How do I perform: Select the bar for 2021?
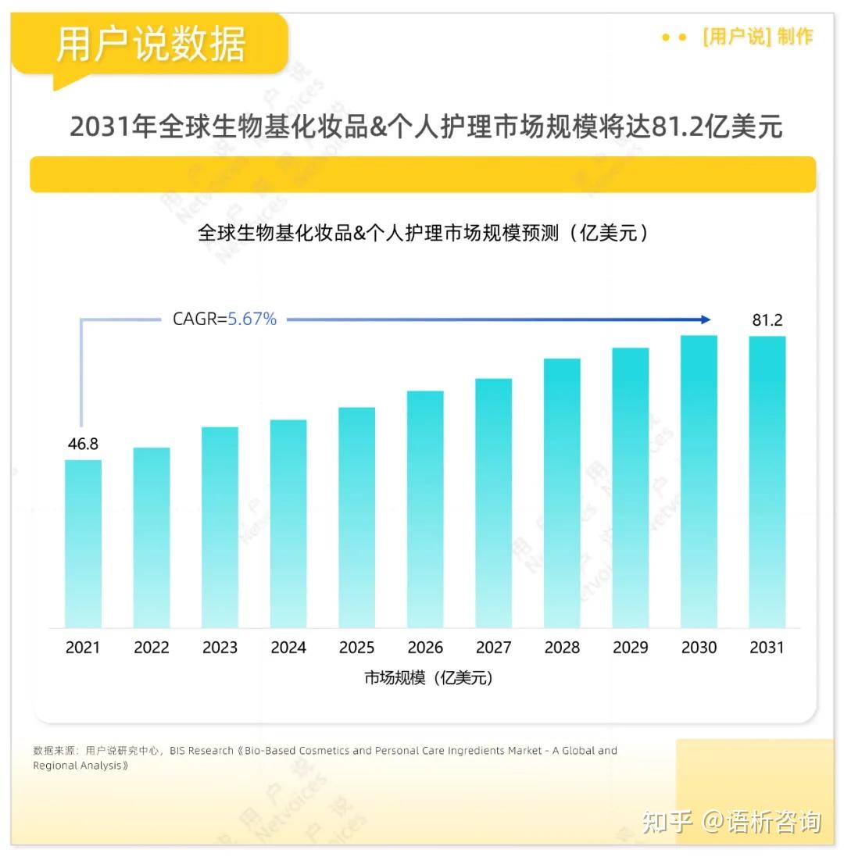(83, 544)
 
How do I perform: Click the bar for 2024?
(288, 523)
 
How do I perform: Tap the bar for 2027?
(493, 503)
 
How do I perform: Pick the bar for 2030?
(699, 481)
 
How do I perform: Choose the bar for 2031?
(767, 482)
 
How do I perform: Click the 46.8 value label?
(83, 444)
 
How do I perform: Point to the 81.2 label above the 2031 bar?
(767, 320)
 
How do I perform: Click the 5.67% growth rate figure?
(252, 319)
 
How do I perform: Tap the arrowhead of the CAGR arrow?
(706, 320)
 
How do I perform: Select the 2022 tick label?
(152, 648)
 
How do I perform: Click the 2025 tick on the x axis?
(356, 648)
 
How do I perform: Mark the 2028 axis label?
(562, 648)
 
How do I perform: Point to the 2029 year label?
(630, 648)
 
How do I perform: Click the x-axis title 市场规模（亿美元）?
(428, 678)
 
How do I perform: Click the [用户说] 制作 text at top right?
(757, 37)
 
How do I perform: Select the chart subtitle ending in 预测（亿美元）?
(423, 233)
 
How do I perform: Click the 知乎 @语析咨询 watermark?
(731, 822)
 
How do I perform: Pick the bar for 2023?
(220, 527)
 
